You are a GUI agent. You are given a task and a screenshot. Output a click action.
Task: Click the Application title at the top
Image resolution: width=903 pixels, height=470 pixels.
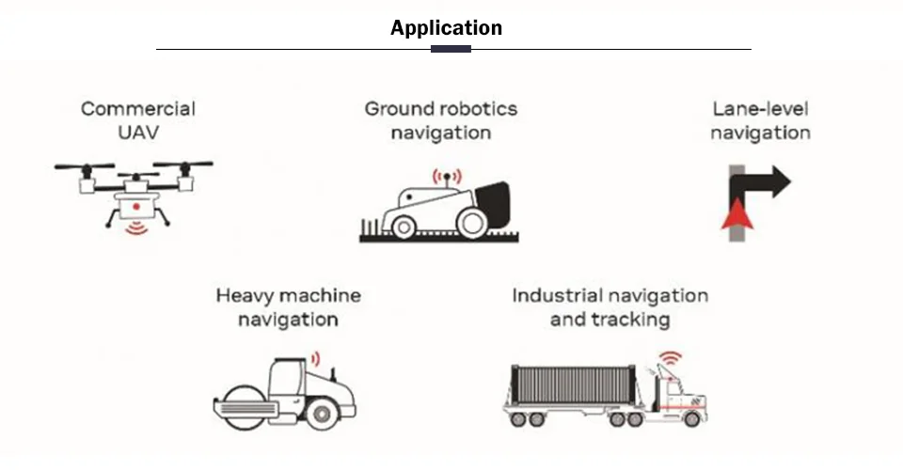[x=446, y=27]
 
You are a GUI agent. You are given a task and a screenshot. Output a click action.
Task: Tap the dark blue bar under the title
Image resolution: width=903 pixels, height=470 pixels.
[x=451, y=49]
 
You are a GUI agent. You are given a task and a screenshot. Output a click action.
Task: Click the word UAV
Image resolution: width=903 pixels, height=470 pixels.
[x=137, y=133]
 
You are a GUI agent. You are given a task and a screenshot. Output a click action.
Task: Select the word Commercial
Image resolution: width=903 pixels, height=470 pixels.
[x=137, y=108]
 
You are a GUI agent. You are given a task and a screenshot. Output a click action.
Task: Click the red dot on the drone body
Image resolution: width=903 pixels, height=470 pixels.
[x=135, y=204]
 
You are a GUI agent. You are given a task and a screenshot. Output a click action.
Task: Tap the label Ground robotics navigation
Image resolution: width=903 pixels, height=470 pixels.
[x=440, y=120]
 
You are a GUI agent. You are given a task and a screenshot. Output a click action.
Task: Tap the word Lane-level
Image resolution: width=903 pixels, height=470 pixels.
[x=760, y=108]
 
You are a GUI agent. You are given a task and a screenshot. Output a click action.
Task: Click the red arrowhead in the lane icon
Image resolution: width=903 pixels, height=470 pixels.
[x=736, y=215]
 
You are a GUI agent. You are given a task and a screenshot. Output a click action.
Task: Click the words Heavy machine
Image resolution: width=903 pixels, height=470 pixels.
[x=288, y=295]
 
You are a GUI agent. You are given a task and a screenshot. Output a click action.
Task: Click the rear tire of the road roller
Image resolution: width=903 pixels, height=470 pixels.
[x=322, y=410]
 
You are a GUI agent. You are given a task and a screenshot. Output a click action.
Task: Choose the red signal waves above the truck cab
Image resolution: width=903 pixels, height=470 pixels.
[x=669, y=360]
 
